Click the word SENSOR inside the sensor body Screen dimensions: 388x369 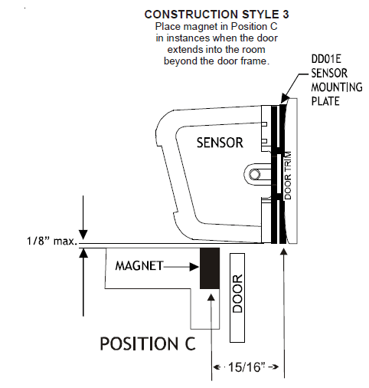pyautogui.click(x=220, y=143)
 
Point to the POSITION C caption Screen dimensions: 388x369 pyautogui.click(x=147, y=343)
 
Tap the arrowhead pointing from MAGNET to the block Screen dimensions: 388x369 pyautogui.click(x=194, y=266)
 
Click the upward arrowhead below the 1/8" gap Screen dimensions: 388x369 pyautogui.click(x=83, y=255)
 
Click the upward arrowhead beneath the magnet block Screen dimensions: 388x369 pyautogui.click(x=211, y=295)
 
